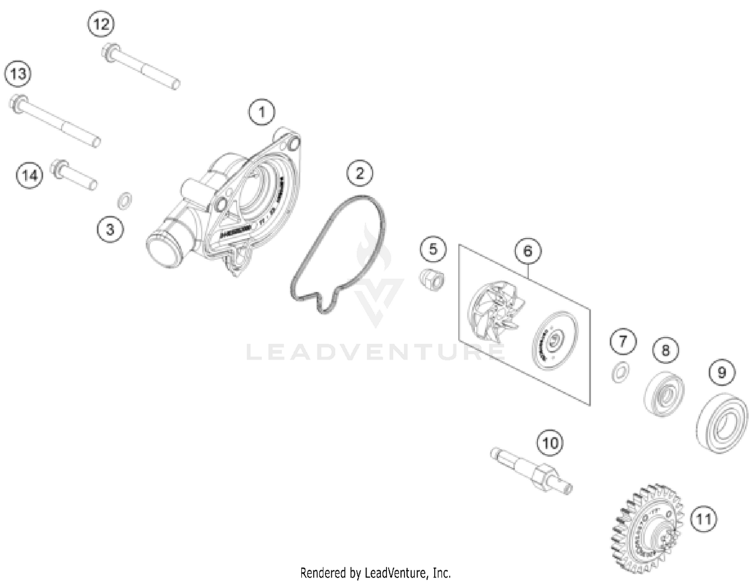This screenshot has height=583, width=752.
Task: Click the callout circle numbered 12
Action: (x=101, y=24)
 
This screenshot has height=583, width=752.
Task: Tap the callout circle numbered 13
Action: (x=18, y=74)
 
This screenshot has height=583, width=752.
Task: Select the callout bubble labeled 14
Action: (x=30, y=175)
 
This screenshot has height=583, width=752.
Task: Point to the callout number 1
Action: (x=262, y=112)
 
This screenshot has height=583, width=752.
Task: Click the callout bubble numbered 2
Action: (x=360, y=173)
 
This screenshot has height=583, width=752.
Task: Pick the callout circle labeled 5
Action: (x=433, y=249)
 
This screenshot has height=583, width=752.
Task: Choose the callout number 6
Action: (x=527, y=251)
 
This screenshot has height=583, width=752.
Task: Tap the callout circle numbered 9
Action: (x=721, y=372)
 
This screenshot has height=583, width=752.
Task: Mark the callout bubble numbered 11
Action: (x=703, y=519)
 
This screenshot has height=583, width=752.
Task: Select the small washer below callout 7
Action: (x=621, y=372)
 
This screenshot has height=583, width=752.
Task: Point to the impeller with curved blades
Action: (x=496, y=311)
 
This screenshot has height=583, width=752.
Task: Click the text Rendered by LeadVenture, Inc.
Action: (x=375, y=572)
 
